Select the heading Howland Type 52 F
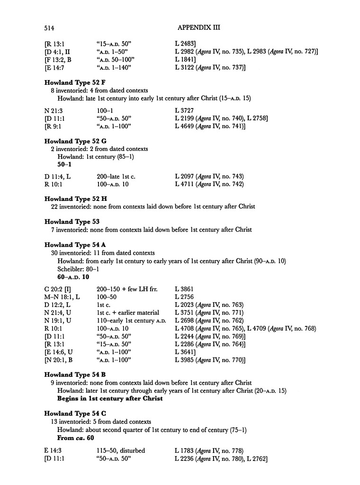[x=75, y=82]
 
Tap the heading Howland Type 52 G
[x=76, y=141]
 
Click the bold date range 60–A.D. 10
[x=73, y=276]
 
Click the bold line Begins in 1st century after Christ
[x=110, y=398]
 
